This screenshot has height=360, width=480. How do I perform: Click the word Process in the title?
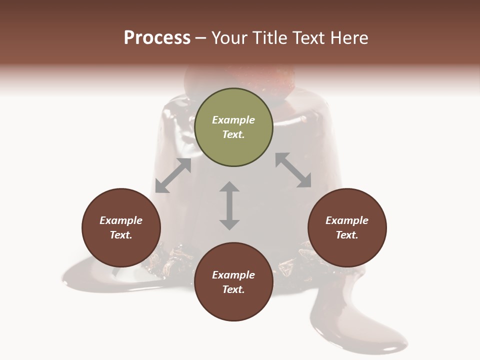point(157,37)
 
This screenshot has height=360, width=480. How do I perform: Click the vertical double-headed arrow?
point(229,205)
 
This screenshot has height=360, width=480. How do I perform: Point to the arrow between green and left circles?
point(173,175)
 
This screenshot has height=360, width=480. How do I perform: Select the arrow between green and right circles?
point(293,170)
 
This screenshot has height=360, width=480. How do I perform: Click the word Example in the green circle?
point(233,120)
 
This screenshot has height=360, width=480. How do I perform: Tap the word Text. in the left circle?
point(121,235)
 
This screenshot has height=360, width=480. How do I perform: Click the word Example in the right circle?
point(347,220)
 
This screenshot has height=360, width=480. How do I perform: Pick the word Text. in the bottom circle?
point(233,289)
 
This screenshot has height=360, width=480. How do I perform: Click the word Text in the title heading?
point(309,37)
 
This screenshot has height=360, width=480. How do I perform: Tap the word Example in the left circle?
point(121,220)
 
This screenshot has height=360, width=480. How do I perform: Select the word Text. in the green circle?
point(233,134)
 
